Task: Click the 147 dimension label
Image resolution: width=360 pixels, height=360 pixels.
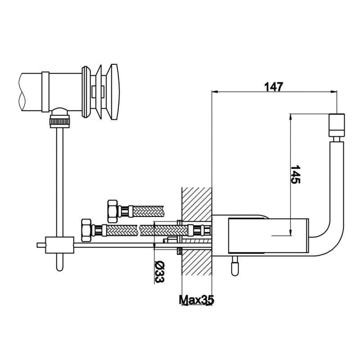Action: coord(274,87)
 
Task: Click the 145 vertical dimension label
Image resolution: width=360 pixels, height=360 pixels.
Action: coord(295,174)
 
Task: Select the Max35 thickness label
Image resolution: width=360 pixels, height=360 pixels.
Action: coord(196,300)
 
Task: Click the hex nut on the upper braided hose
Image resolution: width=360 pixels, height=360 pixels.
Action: coord(112,211)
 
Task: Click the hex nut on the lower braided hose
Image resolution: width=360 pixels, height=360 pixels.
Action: coord(86,230)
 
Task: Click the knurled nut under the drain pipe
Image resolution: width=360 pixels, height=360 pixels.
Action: coord(60,121)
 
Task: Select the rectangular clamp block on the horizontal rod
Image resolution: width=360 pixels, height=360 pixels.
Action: coord(60,245)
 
